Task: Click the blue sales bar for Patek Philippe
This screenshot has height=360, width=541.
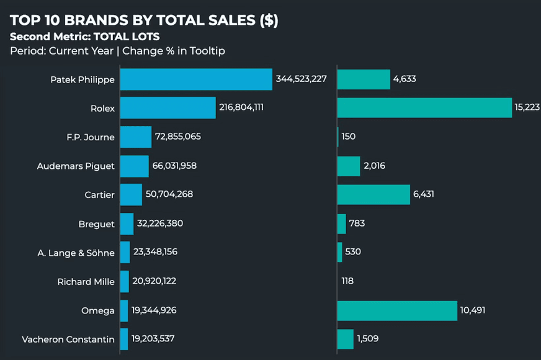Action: click(196, 79)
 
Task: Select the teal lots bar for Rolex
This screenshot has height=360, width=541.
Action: click(424, 108)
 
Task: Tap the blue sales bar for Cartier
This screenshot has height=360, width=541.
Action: click(131, 194)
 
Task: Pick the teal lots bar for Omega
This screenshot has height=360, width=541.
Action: click(397, 310)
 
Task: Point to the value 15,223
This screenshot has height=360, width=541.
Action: click(527, 108)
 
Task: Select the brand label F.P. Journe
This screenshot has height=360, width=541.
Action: click(90, 137)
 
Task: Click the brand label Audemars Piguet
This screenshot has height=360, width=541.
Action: click(76, 166)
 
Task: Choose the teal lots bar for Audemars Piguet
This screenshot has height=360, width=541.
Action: click(349, 166)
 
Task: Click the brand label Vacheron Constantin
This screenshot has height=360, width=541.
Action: click(68, 339)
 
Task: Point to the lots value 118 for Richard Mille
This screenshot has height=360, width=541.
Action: click(347, 281)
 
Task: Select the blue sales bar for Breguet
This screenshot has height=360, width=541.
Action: click(127, 223)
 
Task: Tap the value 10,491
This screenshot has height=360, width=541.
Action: click(473, 310)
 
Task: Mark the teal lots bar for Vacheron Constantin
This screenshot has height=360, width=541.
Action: click(345, 339)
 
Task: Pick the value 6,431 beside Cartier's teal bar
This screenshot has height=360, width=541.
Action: click(424, 194)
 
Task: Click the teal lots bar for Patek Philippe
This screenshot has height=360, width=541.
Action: click(364, 79)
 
